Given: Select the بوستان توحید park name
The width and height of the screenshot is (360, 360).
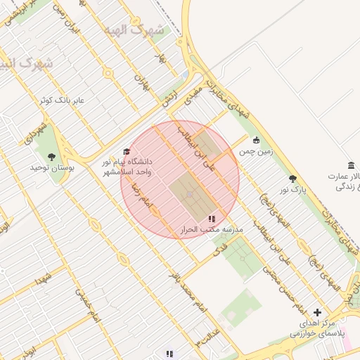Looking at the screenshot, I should [48, 168].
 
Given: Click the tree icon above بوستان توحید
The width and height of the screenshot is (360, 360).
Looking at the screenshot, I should [51, 156].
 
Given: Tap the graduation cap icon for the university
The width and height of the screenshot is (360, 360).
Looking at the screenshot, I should [127, 151].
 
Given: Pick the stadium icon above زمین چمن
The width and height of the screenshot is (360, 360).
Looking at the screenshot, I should [255, 140].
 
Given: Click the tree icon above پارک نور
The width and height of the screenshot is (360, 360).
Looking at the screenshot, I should [292, 179].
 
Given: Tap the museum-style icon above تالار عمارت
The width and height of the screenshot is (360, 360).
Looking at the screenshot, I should [350, 164].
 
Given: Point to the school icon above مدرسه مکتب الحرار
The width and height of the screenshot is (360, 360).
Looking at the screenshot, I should [212, 219].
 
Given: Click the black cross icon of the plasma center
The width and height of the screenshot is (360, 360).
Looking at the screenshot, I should [317, 312].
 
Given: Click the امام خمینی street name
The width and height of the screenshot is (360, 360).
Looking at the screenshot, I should [89, 311].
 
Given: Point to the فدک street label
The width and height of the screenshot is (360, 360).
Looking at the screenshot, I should [220, 249].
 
